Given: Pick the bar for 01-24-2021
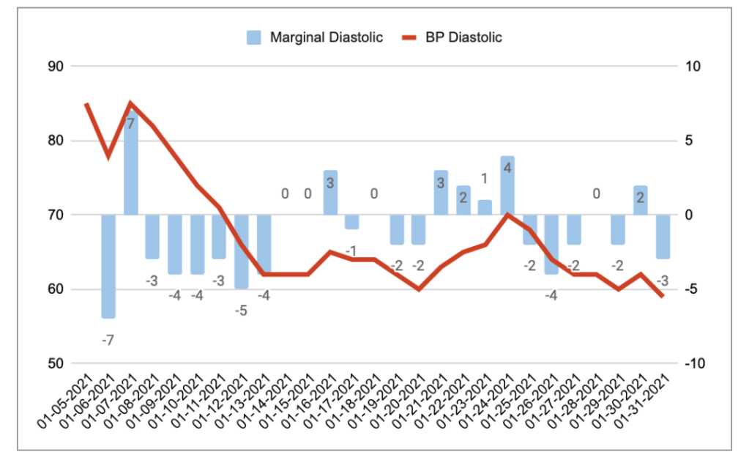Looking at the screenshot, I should (507, 185).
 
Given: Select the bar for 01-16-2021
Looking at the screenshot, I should (329, 193).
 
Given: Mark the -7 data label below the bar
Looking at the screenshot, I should (108, 340).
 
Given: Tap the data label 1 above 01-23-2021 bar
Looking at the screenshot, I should (484, 179).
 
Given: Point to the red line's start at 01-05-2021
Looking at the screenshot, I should (86, 104).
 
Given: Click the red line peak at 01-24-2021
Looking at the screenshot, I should (507, 215).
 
